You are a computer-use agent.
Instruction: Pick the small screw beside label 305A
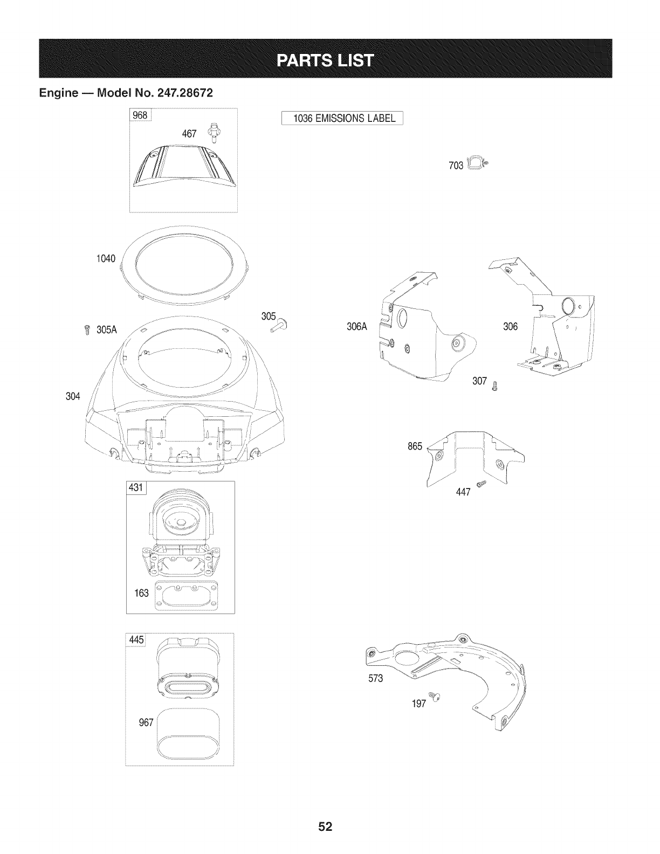pyautogui.click(x=86, y=330)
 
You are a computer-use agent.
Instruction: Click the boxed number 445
pyautogui.click(x=135, y=640)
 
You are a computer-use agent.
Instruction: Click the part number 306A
pyautogui.click(x=357, y=327)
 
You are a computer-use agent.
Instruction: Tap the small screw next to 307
pyautogui.click(x=496, y=384)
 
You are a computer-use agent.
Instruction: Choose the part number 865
pyautogui.click(x=415, y=446)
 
